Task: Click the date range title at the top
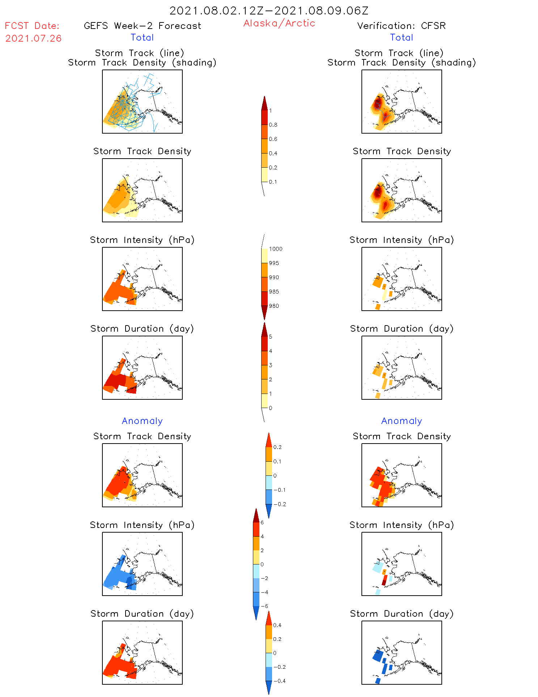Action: pos(269,11)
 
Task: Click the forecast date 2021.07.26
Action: pos(33,38)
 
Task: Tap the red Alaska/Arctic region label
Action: pos(279,23)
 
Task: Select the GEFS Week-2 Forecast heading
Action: pos(142,26)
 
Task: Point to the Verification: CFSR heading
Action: pos(401,26)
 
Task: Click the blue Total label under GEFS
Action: pos(142,38)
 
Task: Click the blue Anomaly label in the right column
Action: pos(401,421)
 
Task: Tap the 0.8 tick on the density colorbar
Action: pos(273,125)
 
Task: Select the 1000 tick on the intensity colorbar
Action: pos(275,249)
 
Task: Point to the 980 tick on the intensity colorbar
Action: pos(274,306)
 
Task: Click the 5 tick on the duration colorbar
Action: pos(271,337)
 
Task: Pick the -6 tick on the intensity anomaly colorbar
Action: pos(264,606)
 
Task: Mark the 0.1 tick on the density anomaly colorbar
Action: pos(277,462)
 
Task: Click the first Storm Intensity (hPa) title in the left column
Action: pos(142,240)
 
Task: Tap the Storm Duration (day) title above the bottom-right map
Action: pos(401,614)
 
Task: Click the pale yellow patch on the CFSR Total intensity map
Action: pos(384,295)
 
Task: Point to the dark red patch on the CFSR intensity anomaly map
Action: pos(384,582)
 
